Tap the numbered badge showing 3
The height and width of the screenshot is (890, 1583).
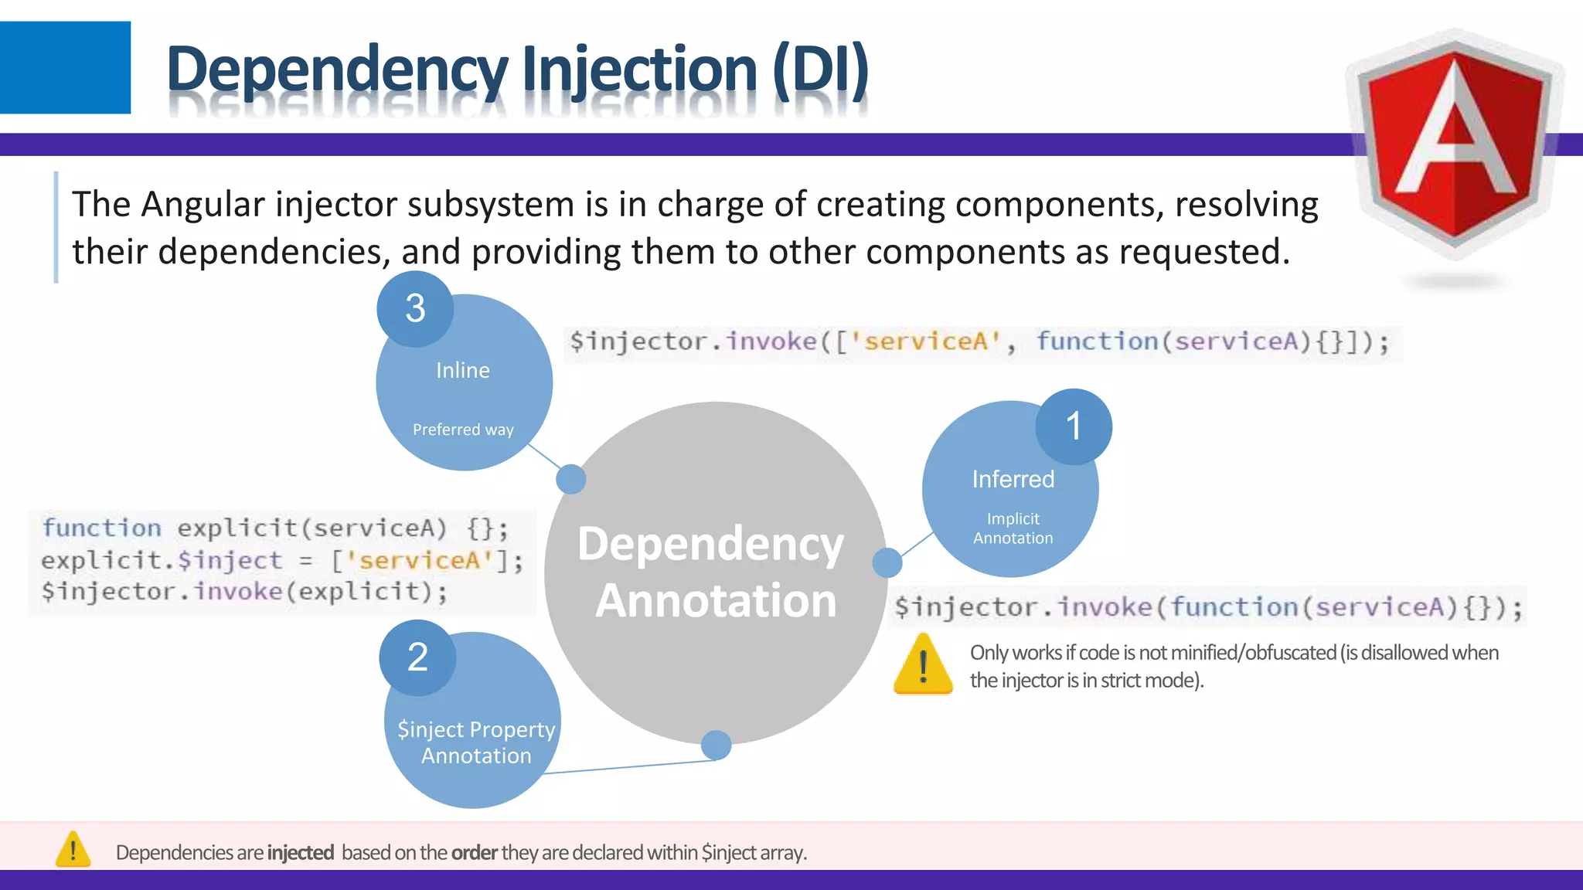coord(415,308)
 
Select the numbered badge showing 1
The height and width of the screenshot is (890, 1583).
coord(1074,426)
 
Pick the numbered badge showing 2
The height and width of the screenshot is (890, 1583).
coord(417,657)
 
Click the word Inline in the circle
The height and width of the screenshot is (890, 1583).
coord(463,371)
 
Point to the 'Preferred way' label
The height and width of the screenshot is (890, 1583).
coord(463,430)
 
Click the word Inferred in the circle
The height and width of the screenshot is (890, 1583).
coord(1013,480)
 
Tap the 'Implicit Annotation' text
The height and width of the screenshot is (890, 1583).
coord(1013,528)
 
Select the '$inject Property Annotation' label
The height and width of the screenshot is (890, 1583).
coord(476,742)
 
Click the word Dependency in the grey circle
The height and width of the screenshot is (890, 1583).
coord(710,544)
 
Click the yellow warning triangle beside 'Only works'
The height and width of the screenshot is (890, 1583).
coord(923,664)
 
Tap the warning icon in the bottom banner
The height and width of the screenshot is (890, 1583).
coord(73,850)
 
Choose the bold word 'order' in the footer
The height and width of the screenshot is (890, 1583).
coord(474,853)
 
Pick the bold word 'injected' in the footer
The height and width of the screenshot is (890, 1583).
coord(300,853)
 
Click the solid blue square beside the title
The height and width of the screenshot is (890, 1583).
coord(65,67)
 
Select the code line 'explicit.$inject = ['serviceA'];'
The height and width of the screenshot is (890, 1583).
coord(282,561)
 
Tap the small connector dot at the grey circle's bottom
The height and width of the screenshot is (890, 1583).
coord(716,746)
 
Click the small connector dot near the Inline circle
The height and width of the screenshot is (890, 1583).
coord(571,479)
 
